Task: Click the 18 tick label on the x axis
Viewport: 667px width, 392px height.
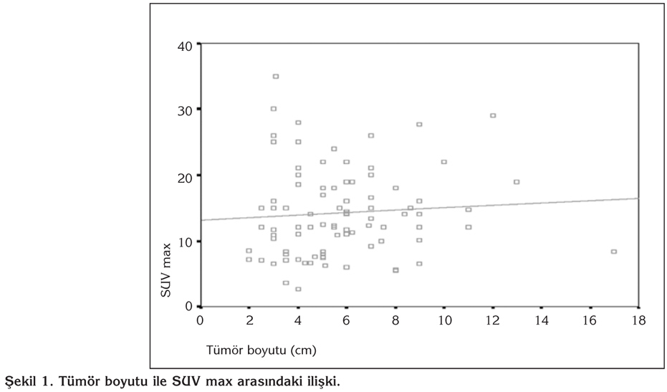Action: [638, 319]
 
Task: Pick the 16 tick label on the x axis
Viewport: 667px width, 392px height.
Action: [590, 319]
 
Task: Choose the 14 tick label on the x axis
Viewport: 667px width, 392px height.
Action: [541, 319]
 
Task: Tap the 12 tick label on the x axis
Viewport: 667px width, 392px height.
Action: [492, 319]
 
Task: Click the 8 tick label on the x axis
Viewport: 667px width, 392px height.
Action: [395, 319]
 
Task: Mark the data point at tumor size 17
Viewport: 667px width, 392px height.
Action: [614, 252]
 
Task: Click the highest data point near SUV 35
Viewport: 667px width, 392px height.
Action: [276, 76]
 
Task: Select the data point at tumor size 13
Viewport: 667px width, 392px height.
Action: [517, 182]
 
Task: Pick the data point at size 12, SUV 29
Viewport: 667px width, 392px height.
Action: [493, 115]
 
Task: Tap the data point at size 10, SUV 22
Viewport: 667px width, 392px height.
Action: [444, 162]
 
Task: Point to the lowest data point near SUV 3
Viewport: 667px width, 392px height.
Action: [298, 289]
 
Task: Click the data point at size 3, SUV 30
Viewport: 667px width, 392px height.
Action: [274, 109]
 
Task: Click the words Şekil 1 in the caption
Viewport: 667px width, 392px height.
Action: [27, 381]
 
